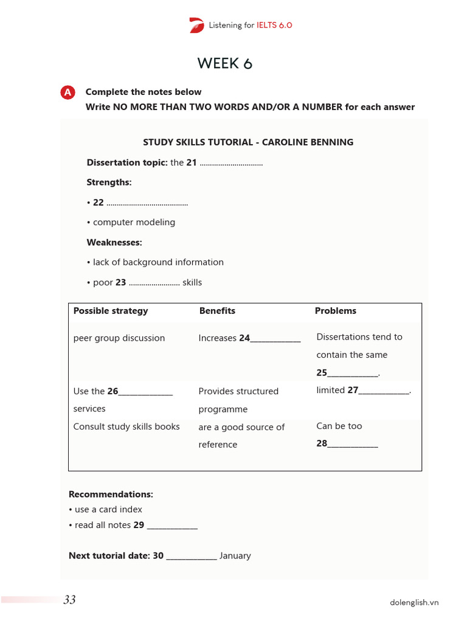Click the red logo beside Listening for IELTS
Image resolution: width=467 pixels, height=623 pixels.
click(196, 25)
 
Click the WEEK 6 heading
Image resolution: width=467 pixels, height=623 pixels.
click(224, 63)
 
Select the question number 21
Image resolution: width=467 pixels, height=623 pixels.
click(192, 163)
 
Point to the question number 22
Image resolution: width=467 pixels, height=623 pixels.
click(99, 203)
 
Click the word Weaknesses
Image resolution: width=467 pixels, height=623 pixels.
click(114, 242)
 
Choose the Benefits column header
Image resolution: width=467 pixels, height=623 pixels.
click(217, 311)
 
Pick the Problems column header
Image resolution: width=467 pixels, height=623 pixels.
click(336, 311)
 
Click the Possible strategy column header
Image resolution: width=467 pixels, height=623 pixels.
click(111, 311)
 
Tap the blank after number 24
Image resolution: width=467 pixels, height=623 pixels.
click(275, 339)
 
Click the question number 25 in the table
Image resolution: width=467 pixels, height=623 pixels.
click(322, 373)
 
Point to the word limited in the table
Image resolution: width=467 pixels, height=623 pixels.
click(331, 391)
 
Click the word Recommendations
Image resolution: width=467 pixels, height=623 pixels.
click(111, 495)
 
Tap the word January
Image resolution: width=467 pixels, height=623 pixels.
click(235, 555)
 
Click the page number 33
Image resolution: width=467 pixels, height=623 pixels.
click(69, 600)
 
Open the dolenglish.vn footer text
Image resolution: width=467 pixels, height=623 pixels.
click(414, 603)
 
